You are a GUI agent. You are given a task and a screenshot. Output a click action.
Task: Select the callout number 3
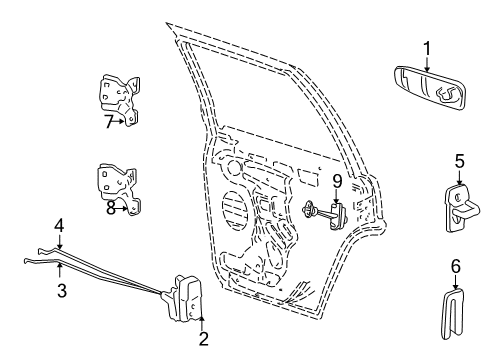pyautogui.click(x=61, y=291)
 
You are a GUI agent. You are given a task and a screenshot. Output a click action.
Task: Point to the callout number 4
pyautogui.click(x=60, y=224)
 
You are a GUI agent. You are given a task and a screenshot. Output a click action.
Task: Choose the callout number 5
pyautogui.click(x=459, y=160)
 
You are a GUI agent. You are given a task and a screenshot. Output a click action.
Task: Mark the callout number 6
pyautogui.click(x=455, y=266)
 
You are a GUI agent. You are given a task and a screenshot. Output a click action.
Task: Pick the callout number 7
pyautogui.click(x=108, y=121)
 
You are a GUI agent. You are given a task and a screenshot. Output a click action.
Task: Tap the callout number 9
pyautogui.click(x=337, y=182)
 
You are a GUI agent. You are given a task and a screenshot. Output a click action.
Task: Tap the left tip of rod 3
pyautogui.click(x=24, y=261)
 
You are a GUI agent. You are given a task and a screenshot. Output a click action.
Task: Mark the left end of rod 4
pyautogui.click(x=38, y=251)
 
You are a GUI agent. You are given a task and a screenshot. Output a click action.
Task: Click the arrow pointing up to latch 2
pyautogui.click(x=203, y=321)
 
